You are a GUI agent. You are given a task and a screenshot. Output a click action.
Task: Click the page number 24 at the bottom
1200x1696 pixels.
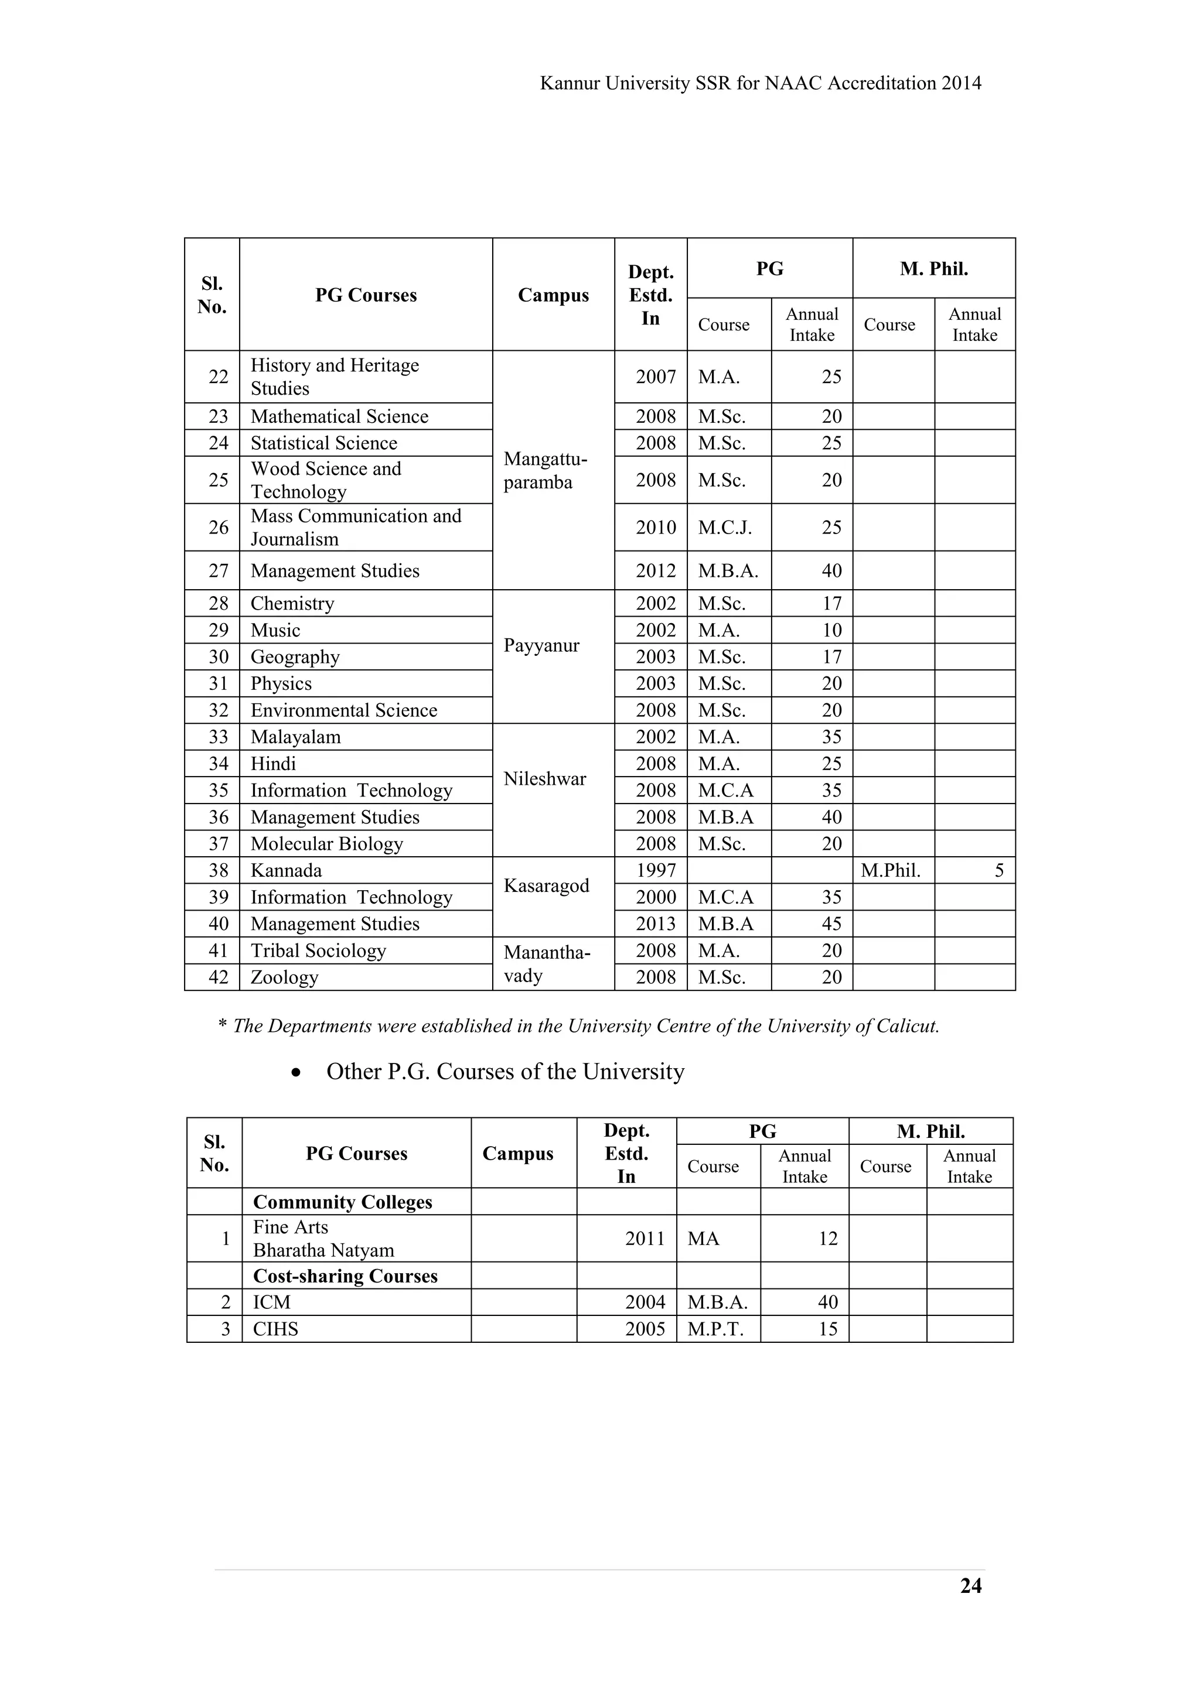(970, 1586)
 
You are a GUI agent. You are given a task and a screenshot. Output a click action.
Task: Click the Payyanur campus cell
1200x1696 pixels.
(541, 645)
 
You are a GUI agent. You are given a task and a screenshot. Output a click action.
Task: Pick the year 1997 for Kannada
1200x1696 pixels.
(656, 870)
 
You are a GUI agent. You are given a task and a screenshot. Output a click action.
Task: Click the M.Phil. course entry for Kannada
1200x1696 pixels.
(891, 870)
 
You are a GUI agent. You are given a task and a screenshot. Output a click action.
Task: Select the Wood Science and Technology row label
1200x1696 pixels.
(325, 480)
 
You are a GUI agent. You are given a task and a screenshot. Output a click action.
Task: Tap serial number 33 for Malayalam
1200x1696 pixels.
(218, 737)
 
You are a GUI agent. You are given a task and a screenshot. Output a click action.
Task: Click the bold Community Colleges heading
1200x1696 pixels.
(342, 1202)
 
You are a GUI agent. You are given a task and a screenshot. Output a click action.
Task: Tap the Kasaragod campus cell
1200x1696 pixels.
(546, 885)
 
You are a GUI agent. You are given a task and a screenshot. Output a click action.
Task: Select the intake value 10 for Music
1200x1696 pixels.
(831, 630)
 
